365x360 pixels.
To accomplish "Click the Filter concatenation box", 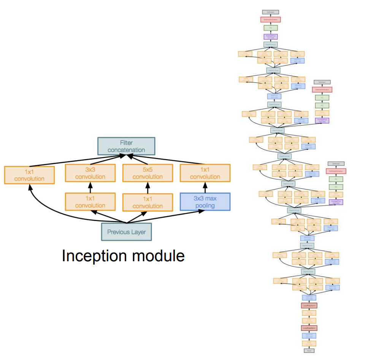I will (x=126, y=146).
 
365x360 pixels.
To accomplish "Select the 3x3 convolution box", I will (x=90, y=173).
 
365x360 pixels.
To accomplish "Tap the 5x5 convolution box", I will (x=148, y=173).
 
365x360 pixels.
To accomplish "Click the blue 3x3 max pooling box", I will (x=205, y=202).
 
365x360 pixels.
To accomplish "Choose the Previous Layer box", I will (x=126, y=232).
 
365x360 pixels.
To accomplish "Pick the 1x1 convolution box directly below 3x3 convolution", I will (x=90, y=202).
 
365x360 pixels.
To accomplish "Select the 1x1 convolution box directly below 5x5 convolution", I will (x=148, y=202).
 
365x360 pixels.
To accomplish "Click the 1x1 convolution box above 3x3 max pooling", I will (x=205, y=173).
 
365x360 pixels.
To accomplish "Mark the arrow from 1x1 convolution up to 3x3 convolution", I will (x=90, y=187).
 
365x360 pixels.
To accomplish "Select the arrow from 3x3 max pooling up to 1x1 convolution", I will (x=205, y=187).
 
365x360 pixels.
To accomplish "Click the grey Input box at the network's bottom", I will (x=309, y=351).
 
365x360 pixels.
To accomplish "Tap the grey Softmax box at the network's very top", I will (x=270, y=12).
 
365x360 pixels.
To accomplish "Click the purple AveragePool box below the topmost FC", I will (x=270, y=37).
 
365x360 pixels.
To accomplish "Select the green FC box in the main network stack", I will (x=270, y=28).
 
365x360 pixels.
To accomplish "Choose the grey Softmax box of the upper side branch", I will (x=322, y=82).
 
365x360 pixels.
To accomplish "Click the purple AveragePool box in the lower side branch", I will (x=336, y=202).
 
